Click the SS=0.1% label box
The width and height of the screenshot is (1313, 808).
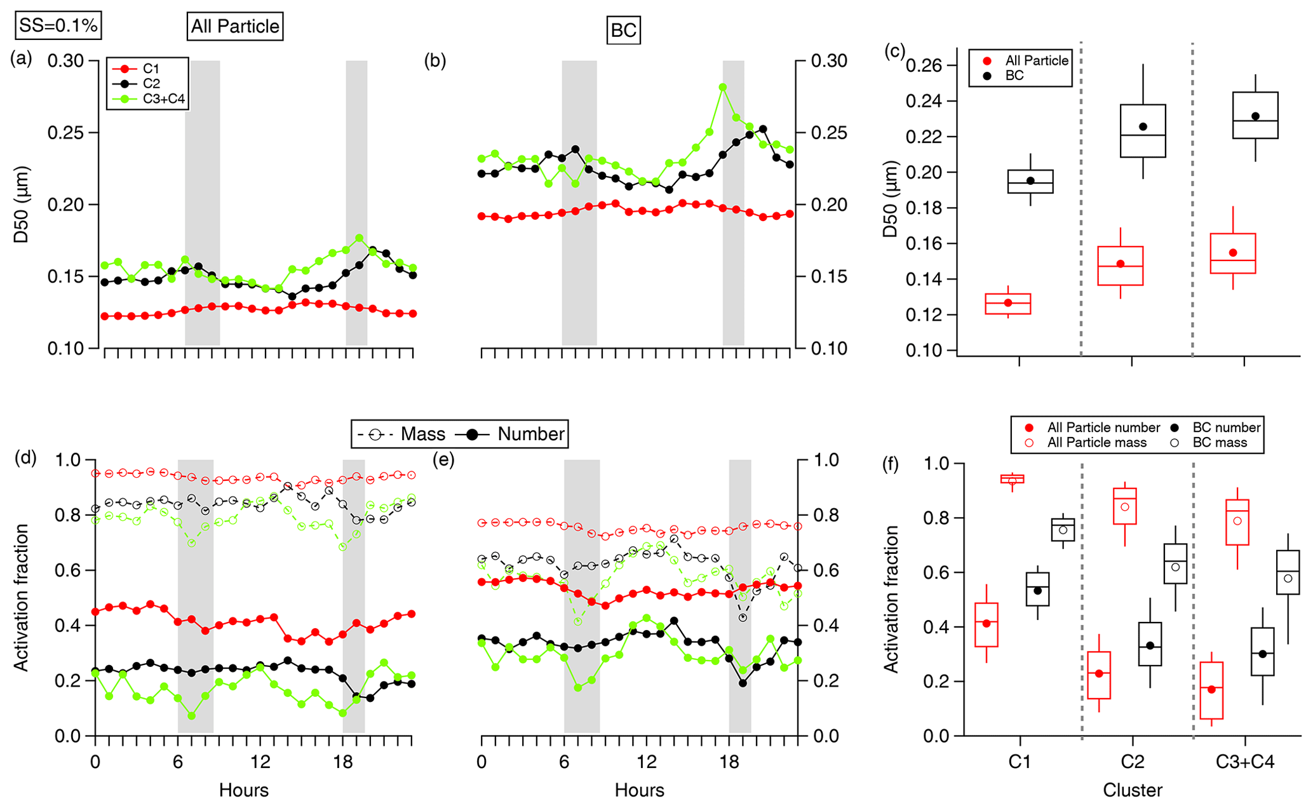pyautogui.click(x=58, y=25)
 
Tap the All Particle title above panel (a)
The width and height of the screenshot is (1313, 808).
pyautogui.click(x=235, y=27)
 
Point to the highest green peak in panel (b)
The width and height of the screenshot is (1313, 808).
pyautogui.click(x=723, y=88)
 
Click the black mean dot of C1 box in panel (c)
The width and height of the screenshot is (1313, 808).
pyautogui.click(x=1030, y=181)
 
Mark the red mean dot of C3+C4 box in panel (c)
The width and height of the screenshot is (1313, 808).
pyautogui.click(x=1233, y=253)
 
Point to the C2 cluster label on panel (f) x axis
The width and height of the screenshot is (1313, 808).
pyautogui.click(x=1132, y=762)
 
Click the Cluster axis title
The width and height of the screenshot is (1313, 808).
pyautogui.click(x=1132, y=790)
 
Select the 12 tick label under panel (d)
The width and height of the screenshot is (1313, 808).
pyautogui.click(x=260, y=762)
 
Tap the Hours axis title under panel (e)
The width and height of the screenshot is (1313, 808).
pyautogui.click(x=639, y=790)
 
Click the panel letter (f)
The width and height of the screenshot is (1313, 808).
pyautogui.click(x=891, y=465)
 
